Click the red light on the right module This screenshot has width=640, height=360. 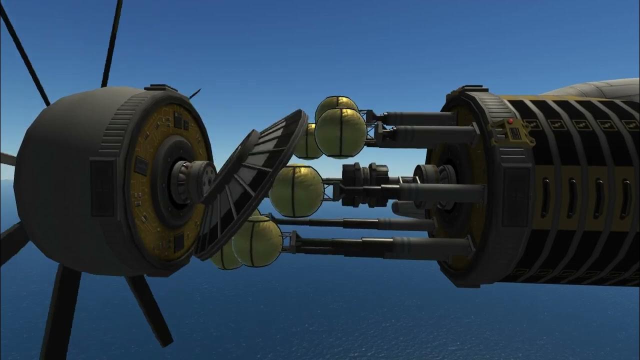509,121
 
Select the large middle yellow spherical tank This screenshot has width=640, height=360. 296,191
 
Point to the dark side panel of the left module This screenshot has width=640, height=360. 102,187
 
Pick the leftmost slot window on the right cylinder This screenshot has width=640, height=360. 545,198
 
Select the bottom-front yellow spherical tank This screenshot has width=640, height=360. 257,241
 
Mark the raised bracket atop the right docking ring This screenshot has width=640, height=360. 467,89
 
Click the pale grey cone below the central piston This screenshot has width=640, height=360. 407,209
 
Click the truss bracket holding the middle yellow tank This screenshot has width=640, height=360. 330,189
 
